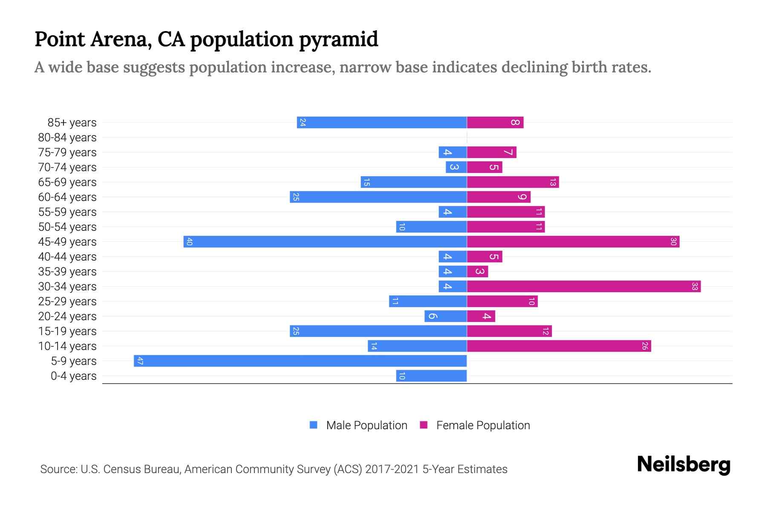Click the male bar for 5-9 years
pyautogui.click(x=300, y=361)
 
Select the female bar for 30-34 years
pyautogui.click(x=584, y=286)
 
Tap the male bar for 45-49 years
pyautogui.click(x=325, y=241)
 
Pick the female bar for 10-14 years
pyautogui.click(x=559, y=346)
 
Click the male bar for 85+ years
pyautogui.click(x=382, y=122)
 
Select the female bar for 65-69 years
pyautogui.click(x=513, y=182)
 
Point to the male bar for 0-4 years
pyautogui.click(x=431, y=376)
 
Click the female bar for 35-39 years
pyautogui.click(x=477, y=271)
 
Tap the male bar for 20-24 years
pyautogui.click(x=445, y=316)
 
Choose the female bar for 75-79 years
pyautogui.click(x=491, y=152)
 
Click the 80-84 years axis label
pyautogui.click(x=67, y=138)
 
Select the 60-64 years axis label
pyautogui.click(x=67, y=197)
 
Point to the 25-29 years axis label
pyautogui.click(x=67, y=301)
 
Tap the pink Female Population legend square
pyautogui.click(x=424, y=425)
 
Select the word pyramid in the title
pyautogui.click(x=338, y=40)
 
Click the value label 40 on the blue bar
pyautogui.click(x=190, y=241)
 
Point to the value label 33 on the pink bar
pyautogui.click(x=695, y=286)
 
